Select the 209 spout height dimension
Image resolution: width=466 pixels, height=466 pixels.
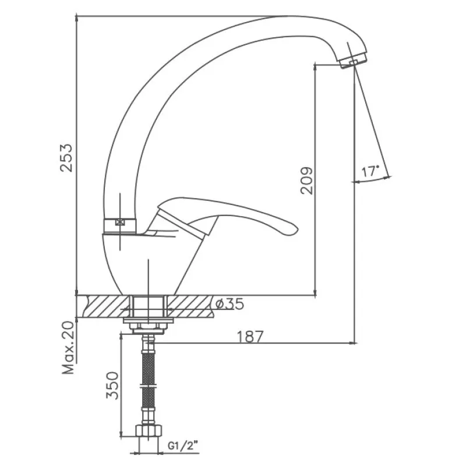pyautogui.click(x=307, y=181)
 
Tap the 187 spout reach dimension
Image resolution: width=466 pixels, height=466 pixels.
pyautogui.click(x=250, y=337)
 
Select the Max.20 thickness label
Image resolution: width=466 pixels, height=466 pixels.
pyautogui.click(x=68, y=347)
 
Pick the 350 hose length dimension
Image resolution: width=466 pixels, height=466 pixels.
pyautogui.click(x=112, y=385)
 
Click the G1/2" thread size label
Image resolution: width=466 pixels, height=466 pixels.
pyautogui.click(x=183, y=446)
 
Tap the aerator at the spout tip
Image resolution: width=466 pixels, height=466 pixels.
pyautogui.click(x=352, y=61)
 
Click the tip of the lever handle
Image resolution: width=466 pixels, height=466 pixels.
pyautogui.click(x=297, y=228)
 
